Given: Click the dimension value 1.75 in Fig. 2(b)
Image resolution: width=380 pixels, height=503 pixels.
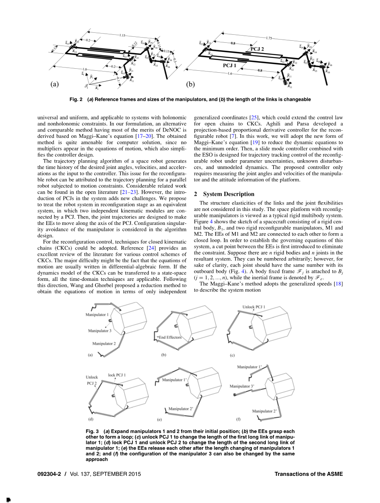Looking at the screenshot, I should [x=269, y=38].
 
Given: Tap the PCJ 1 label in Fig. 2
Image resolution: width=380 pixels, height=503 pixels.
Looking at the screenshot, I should [x=230, y=65].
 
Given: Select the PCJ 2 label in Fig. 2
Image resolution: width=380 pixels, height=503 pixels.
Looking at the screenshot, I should [x=257, y=49].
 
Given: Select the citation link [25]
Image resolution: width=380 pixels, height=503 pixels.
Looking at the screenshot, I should [x=254, y=118].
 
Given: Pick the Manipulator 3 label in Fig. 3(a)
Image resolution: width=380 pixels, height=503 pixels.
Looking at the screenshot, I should [x=99, y=331].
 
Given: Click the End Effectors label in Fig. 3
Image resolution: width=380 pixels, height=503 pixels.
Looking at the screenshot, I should [x=170, y=338].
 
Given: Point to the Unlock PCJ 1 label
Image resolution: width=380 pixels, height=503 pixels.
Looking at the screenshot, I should [x=254, y=307].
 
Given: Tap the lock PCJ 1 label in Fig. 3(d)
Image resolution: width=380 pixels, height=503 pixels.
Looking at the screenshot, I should [x=117, y=375].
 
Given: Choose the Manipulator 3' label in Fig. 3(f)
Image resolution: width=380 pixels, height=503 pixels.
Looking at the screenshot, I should [x=242, y=386].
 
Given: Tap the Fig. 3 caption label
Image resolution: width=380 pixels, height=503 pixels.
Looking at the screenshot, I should [x=92, y=431].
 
